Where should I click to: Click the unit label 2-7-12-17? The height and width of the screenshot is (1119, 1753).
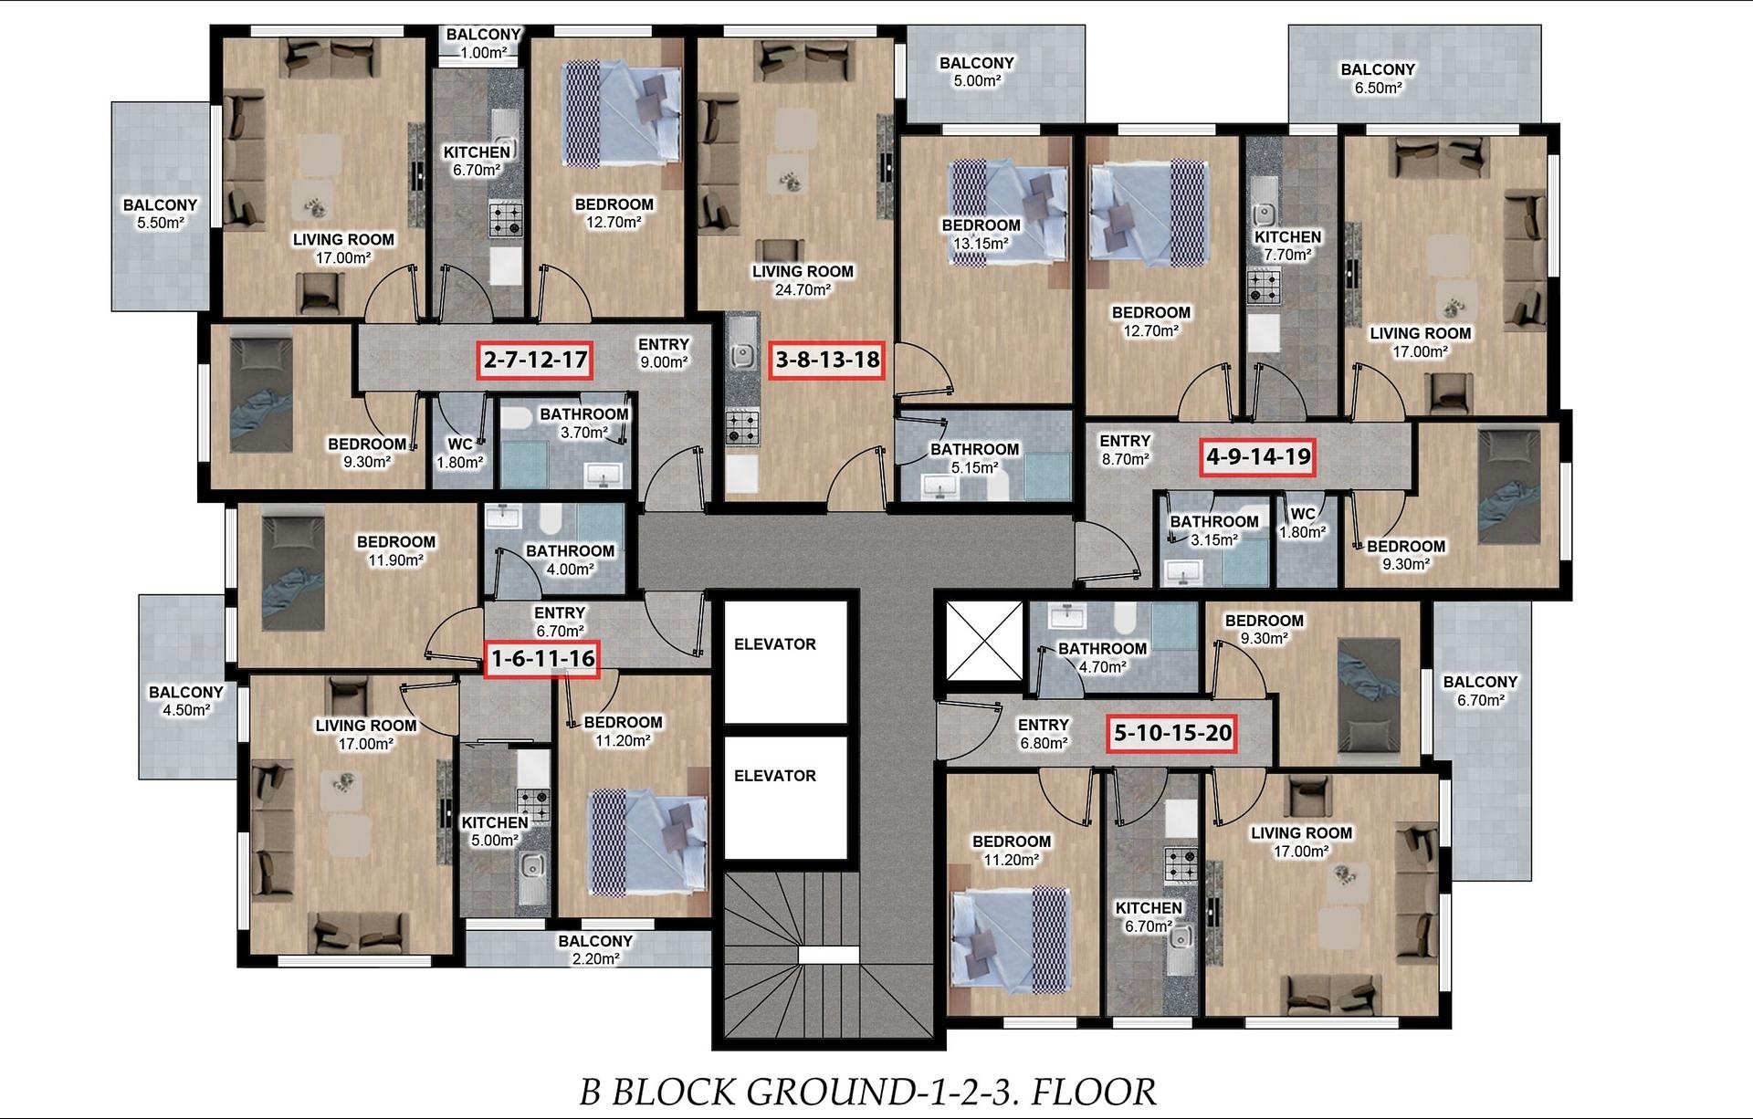click(536, 360)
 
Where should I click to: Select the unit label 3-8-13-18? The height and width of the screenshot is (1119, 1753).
click(828, 360)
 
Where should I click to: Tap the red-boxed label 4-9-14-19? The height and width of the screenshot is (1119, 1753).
click(1259, 456)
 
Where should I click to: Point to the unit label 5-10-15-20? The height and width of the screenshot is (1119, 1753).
click(1172, 733)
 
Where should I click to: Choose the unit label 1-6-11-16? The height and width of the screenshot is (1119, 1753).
click(542, 658)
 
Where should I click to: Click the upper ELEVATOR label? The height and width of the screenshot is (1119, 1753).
click(775, 644)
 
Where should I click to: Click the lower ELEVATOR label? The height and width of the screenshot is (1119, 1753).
click(775, 776)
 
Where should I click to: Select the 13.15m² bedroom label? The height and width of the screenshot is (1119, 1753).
click(981, 235)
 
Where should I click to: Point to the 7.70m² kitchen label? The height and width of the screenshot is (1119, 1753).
click(1287, 246)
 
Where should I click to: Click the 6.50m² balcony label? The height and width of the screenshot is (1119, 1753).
click(1378, 78)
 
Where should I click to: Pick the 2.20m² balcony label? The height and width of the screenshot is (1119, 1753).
click(595, 950)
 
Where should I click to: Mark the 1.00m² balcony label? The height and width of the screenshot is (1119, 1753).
click(484, 44)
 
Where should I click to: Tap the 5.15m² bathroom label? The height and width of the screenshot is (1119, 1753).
click(974, 458)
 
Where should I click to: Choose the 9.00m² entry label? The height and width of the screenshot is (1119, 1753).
click(664, 353)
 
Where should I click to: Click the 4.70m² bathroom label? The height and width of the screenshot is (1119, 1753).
click(1102, 658)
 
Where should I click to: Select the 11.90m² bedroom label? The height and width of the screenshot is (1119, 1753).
click(396, 551)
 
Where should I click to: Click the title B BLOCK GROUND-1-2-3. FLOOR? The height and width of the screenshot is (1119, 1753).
click(867, 1092)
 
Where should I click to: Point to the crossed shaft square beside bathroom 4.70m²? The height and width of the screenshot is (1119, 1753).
click(984, 641)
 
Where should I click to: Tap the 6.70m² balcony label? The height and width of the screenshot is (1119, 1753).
click(1480, 691)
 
